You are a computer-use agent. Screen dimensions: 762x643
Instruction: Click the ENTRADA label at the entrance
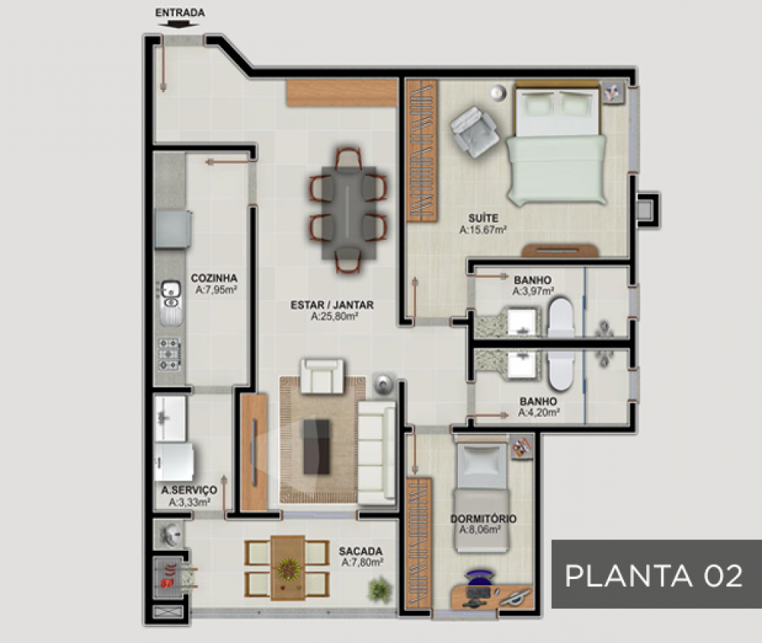(x=180, y=13)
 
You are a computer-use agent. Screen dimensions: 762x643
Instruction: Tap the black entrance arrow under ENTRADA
(x=179, y=24)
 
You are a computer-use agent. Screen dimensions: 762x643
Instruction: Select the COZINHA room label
(x=214, y=278)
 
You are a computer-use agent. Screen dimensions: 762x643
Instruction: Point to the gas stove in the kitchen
(x=169, y=354)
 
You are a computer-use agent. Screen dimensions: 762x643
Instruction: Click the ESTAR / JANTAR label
(x=332, y=305)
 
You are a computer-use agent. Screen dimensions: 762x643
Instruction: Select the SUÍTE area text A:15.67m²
(x=483, y=229)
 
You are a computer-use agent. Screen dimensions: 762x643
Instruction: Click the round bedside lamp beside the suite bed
(x=498, y=92)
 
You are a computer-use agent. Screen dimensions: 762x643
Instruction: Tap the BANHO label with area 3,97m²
(x=533, y=280)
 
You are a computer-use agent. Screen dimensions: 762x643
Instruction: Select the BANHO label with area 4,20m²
(x=538, y=401)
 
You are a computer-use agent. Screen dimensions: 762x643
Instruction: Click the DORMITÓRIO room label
(x=483, y=519)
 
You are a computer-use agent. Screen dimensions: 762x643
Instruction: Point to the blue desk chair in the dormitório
(x=479, y=578)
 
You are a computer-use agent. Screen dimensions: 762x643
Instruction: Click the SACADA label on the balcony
(x=360, y=551)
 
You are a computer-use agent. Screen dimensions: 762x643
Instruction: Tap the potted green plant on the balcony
(x=379, y=590)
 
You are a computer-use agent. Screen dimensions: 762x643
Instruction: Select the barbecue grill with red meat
(x=171, y=577)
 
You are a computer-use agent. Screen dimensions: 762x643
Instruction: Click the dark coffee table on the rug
(x=316, y=447)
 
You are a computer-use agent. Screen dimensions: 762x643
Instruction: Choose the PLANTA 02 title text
(x=654, y=576)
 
